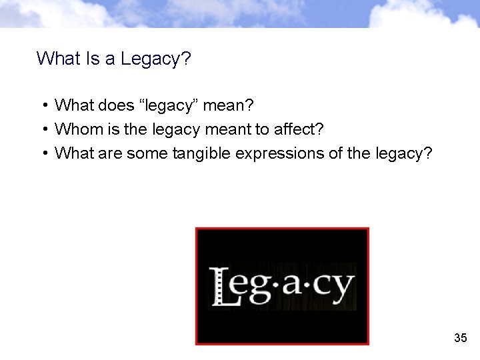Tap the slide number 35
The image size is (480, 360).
point(460,338)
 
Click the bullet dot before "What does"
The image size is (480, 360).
point(43,105)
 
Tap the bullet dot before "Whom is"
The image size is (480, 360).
point(43,129)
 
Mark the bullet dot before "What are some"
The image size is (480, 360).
point(43,153)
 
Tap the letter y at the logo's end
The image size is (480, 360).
point(342,288)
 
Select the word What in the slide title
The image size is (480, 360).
point(59,59)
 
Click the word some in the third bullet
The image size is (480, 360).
point(146,153)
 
